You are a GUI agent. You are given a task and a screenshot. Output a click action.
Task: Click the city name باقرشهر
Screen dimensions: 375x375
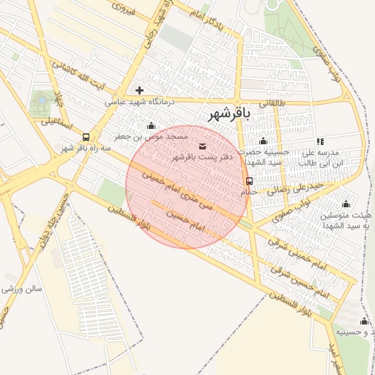click(x=229, y=114)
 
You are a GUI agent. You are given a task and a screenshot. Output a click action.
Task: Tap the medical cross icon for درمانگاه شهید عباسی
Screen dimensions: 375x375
click(x=140, y=91)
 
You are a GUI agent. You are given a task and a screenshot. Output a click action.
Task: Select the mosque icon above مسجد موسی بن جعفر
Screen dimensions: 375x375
click(x=151, y=125)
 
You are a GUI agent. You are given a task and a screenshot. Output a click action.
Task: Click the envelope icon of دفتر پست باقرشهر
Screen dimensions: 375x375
click(x=202, y=146)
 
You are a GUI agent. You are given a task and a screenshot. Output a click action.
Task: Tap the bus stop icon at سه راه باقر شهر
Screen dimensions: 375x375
click(x=87, y=137)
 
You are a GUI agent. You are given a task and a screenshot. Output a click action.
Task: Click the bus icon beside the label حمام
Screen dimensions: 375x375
click(x=250, y=181)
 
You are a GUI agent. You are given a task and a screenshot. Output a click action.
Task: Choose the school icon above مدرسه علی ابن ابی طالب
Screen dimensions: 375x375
click(x=319, y=141)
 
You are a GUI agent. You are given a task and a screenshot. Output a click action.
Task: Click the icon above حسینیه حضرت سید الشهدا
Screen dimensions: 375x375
click(x=264, y=141)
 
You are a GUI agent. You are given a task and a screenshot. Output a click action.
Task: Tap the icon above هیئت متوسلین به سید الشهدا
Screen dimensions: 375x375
click(x=346, y=204)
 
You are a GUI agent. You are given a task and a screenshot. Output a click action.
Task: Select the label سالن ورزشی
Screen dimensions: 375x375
click(x=22, y=290)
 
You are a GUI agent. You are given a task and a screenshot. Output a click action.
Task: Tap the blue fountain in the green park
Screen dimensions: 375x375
click(x=42, y=98)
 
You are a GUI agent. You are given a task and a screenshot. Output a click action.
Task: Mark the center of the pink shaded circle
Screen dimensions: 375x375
click(x=186, y=187)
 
